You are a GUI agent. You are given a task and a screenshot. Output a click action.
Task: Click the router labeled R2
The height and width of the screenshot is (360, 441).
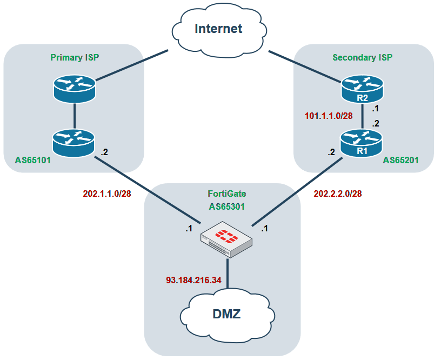pyautogui.click(x=362, y=90)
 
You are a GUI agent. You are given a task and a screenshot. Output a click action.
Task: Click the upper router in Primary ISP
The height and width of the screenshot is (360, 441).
pyautogui.click(x=74, y=88)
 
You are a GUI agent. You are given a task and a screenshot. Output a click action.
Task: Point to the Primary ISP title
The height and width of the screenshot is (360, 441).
pyautogui.click(x=75, y=57)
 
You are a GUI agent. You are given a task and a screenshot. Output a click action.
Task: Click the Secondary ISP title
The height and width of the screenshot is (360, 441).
pyautogui.click(x=362, y=57)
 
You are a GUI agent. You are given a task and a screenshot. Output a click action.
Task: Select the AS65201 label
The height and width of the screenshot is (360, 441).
pyautogui.click(x=400, y=161)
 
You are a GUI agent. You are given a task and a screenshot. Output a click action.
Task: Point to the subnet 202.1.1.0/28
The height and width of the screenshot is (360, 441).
pyautogui.click(x=106, y=194)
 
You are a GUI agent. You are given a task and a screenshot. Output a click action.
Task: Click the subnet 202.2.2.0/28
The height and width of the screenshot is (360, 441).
pyautogui.click(x=338, y=194)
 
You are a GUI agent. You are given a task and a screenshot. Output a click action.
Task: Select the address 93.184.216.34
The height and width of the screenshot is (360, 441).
pyautogui.click(x=193, y=281)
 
